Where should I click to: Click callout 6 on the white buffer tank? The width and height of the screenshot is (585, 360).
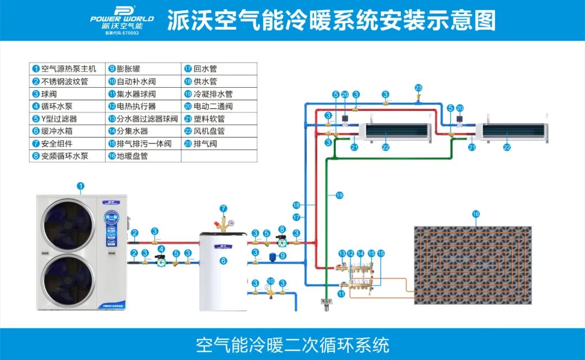pos(224,261)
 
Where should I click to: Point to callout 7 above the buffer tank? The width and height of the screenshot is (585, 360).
pos(223,208)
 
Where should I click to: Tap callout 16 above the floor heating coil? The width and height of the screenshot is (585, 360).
pos(476,214)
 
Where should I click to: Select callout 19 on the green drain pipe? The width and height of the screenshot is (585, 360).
pos(340,195)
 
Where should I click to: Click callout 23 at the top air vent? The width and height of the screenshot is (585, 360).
pos(418,88)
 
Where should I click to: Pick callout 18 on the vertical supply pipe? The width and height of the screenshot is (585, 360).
pos(296,205)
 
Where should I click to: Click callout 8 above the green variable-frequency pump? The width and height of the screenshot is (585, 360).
pos(282,229)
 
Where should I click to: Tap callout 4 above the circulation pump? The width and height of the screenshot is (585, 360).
pos(161,248)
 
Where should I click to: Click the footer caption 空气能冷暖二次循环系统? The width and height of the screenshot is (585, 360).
pos(292,344)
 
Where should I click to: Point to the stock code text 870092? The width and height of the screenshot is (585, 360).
pos(131,33)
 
